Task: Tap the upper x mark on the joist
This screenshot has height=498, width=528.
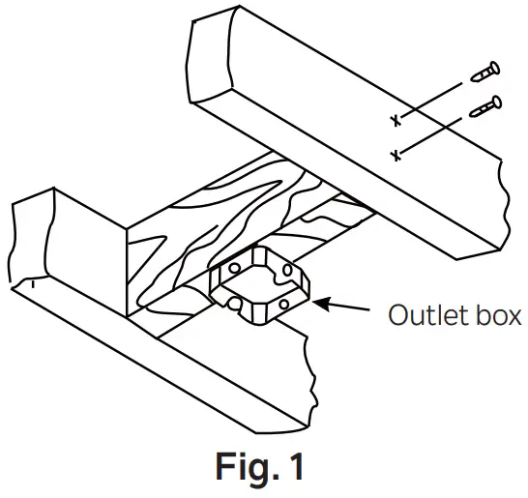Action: [395, 120]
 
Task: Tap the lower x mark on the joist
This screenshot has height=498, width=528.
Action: [395, 154]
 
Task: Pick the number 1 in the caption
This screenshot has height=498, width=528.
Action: [296, 467]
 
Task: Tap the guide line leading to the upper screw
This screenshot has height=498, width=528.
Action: [435, 99]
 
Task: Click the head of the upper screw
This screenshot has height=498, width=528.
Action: [495, 68]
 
